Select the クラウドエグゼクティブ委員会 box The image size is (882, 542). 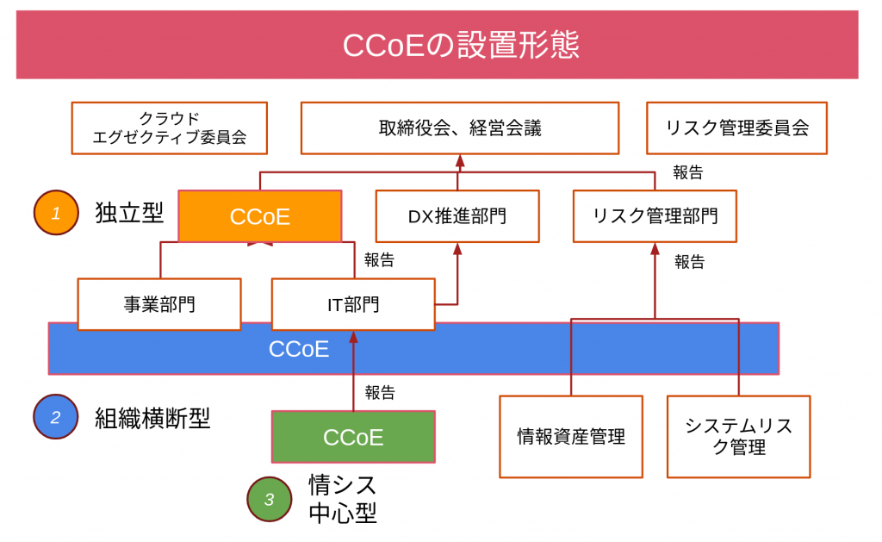(x=169, y=128)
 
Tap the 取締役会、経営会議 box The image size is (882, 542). (x=459, y=128)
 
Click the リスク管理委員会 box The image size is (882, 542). (x=736, y=128)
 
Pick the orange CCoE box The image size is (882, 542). (x=259, y=216)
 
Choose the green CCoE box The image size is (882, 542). (x=353, y=437)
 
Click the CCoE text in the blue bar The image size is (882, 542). (x=299, y=349)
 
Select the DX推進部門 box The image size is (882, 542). (x=457, y=216)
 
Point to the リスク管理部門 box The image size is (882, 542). (x=655, y=216)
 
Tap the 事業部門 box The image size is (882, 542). (x=158, y=303)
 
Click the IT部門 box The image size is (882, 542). (x=353, y=303)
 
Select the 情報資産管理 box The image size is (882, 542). (x=571, y=436)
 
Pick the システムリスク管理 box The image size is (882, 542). (x=738, y=436)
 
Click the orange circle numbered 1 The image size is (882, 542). (x=56, y=212)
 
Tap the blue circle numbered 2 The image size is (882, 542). (x=56, y=417)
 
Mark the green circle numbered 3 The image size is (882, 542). (x=270, y=499)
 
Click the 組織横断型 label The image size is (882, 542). (x=152, y=419)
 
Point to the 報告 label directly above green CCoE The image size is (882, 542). (x=379, y=393)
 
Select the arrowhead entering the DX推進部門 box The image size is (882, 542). (x=457, y=248)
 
